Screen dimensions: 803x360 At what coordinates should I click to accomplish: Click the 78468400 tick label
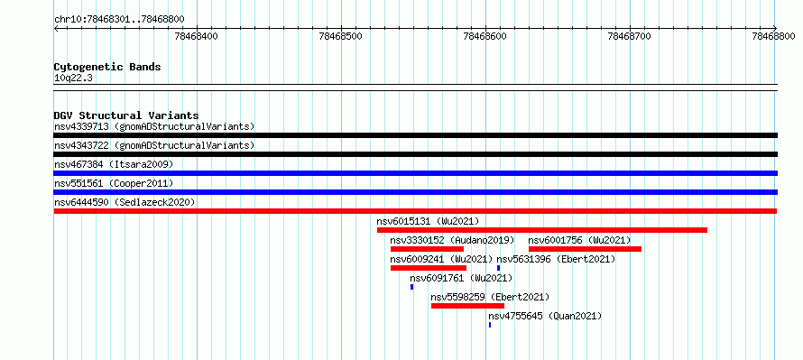click(196, 36)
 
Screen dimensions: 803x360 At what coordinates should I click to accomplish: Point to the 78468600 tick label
click(485, 36)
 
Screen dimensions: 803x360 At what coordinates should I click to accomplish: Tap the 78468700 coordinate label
click(629, 36)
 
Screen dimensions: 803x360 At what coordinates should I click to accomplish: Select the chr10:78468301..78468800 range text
click(119, 20)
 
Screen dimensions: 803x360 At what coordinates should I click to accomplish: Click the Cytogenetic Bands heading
click(107, 67)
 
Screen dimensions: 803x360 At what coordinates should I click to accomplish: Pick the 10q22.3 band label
click(73, 78)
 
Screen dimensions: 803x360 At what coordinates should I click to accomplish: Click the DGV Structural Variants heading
click(126, 115)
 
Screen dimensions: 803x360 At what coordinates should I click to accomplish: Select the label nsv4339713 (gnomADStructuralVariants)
click(154, 126)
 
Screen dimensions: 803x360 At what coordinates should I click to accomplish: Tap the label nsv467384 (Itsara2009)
click(114, 164)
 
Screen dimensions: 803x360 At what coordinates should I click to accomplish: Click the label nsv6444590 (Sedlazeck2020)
click(125, 202)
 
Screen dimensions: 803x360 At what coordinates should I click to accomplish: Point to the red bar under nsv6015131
click(542, 230)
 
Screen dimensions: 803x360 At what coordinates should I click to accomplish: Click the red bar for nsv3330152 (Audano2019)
click(427, 249)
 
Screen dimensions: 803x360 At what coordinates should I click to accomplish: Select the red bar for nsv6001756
click(585, 249)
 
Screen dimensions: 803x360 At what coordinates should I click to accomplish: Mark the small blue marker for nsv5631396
click(498, 268)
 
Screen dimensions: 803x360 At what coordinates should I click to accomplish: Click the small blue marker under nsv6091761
click(411, 287)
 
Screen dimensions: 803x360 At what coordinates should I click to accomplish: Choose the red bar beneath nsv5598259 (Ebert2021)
click(467, 306)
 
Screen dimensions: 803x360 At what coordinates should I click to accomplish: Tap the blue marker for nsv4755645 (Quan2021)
click(490, 325)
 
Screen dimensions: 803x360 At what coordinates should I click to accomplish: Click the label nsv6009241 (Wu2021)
click(441, 259)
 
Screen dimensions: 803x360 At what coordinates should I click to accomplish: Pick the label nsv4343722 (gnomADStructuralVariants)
click(154, 145)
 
